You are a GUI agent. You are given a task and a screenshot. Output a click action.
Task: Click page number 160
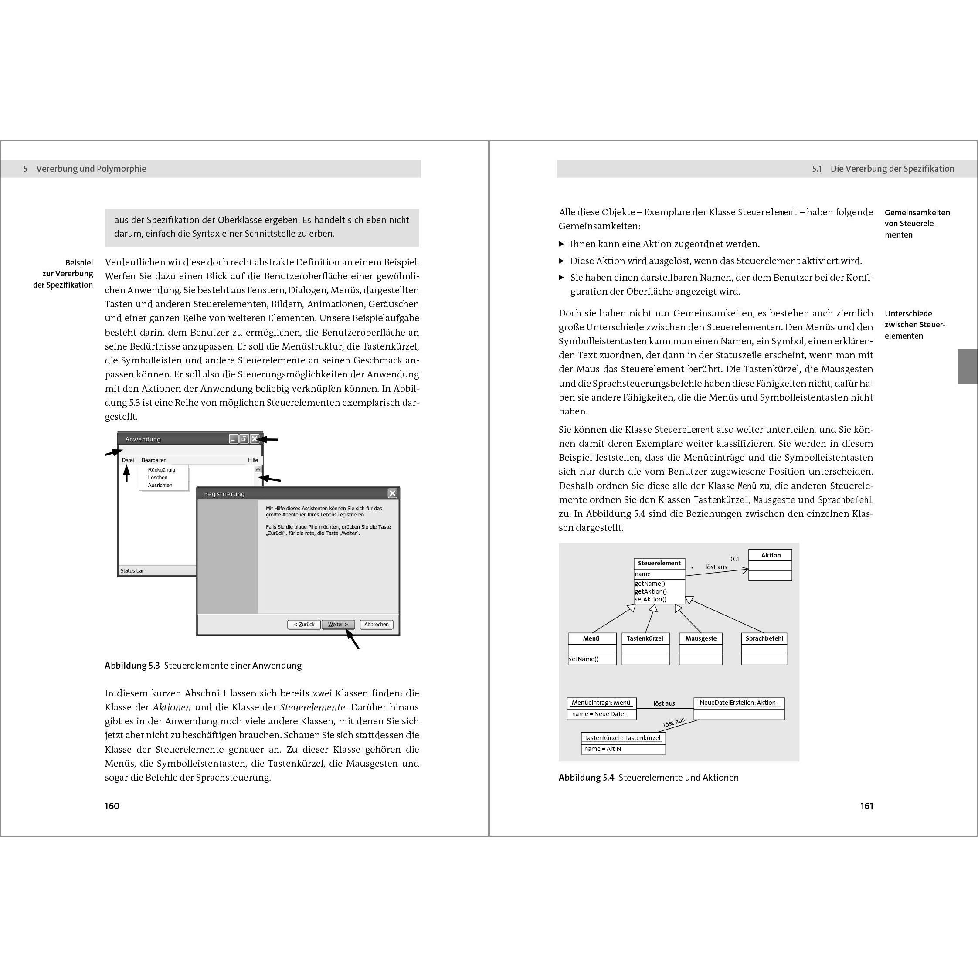[x=112, y=806]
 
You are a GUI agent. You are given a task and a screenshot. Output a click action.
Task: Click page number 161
[x=866, y=806]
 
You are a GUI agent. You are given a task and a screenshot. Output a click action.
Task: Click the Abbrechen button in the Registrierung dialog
[x=376, y=624]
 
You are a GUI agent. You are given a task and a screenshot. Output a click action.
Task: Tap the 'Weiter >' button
[x=338, y=624]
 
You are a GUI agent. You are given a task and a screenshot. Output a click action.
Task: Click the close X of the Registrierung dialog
[x=392, y=493]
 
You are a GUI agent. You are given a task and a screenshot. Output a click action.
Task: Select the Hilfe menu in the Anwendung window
[x=253, y=460]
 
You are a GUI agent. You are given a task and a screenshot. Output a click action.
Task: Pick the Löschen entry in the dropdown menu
[x=157, y=477]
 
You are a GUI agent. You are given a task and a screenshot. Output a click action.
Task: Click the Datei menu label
[x=128, y=460]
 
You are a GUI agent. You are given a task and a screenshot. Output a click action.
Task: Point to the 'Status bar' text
[x=132, y=570]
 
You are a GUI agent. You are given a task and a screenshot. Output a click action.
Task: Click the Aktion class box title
[x=771, y=555]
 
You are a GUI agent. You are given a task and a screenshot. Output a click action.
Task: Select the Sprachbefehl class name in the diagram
[x=764, y=638]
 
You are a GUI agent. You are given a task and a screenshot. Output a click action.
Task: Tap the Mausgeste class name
[x=701, y=638]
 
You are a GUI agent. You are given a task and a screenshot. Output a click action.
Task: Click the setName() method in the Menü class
[x=584, y=659]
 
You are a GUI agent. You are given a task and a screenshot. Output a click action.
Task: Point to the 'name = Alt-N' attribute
[x=602, y=749]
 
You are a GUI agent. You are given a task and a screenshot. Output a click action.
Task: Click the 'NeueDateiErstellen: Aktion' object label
[x=737, y=703]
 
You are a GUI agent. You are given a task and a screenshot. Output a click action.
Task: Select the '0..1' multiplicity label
[x=734, y=559]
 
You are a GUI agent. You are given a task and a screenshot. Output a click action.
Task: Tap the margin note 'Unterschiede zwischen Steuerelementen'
[x=914, y=325]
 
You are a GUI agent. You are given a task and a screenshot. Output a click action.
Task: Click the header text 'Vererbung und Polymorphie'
[x=91, y=169]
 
